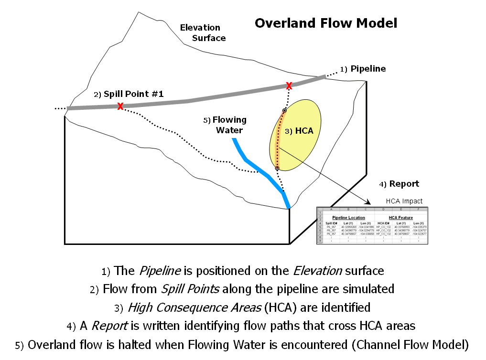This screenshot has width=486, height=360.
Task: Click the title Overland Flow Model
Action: pos(325,23)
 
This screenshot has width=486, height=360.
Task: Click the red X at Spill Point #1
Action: pos(120,106)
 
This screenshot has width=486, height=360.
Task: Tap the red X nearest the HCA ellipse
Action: pos(289,85)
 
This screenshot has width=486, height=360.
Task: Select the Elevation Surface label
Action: pos(201,32)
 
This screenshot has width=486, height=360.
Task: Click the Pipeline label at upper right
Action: pos(368,69)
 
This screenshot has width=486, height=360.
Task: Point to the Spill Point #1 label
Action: pos(133,94)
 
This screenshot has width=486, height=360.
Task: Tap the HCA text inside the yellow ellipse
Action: pos(304,130)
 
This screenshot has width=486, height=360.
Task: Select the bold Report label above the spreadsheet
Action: pos(404,184)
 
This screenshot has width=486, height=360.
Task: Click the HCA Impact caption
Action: pos(404,201)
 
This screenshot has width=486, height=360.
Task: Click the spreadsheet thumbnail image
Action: pos(372,225)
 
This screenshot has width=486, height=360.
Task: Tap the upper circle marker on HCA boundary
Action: pos(284,111)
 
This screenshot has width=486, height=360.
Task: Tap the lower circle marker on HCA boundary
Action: pos(277,168)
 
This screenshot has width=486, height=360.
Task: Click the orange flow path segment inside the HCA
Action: pos(279,138)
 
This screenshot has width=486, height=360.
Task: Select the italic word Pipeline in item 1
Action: pos(160,271)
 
